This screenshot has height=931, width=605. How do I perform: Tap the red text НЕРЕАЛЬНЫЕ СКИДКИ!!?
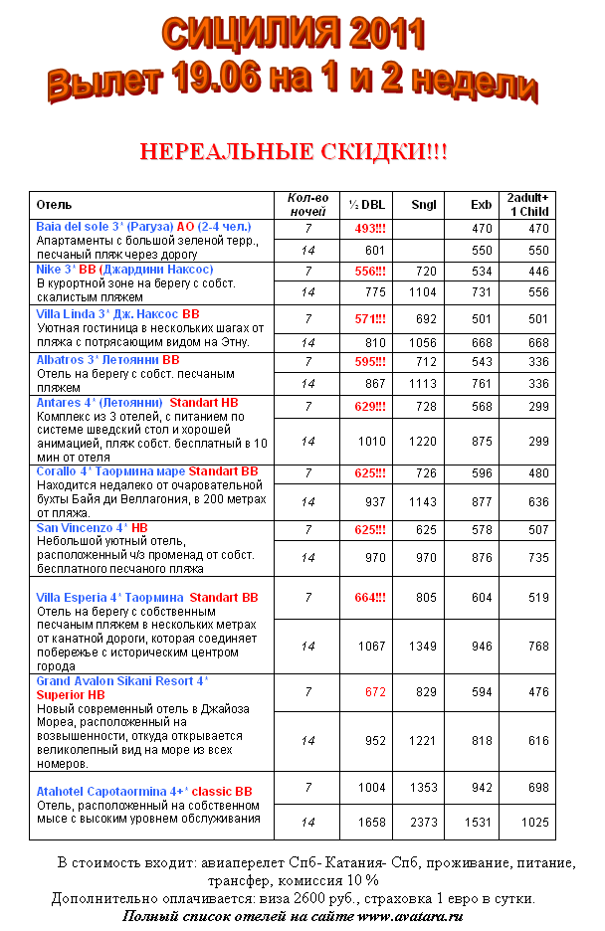294,152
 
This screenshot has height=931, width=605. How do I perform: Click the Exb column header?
482,205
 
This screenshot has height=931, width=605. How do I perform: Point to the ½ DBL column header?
367,205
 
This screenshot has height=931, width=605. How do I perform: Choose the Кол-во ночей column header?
307,205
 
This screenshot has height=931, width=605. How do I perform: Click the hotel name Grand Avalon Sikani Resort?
118,681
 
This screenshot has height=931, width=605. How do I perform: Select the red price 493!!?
370,229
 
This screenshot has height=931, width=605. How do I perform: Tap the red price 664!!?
370,598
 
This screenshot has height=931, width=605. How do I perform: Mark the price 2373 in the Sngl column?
424,823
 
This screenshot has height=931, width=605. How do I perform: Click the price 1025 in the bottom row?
534,823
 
